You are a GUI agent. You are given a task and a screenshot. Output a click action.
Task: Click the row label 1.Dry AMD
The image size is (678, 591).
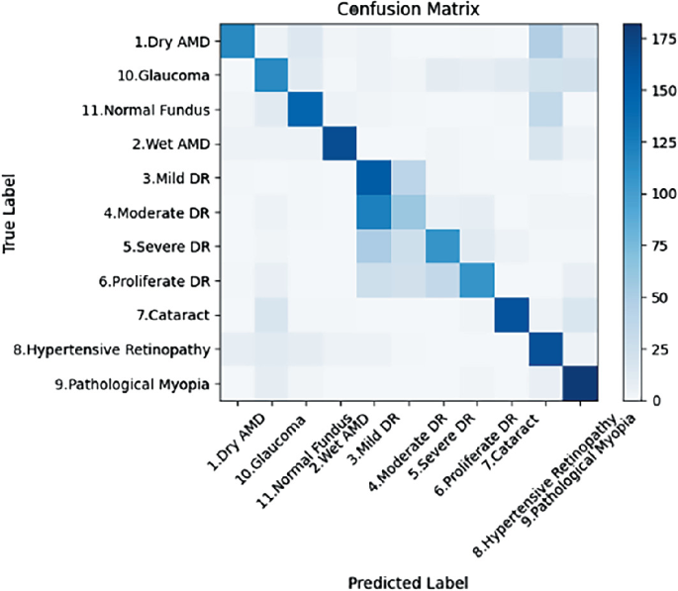pos(174,42)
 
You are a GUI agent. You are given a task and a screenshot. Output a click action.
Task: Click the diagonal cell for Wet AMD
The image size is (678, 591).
pos(340,144)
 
